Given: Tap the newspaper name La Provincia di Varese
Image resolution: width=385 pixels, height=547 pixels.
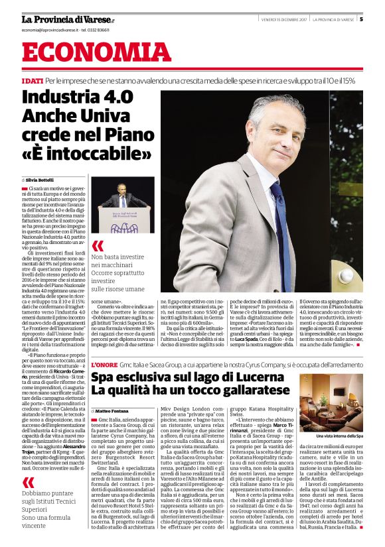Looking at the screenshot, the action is [x=67, y=19].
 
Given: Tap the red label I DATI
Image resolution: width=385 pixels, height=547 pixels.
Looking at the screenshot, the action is [x=32, y=80].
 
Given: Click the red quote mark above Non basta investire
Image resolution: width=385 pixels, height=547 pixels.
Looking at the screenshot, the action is [x=98, y=246].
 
